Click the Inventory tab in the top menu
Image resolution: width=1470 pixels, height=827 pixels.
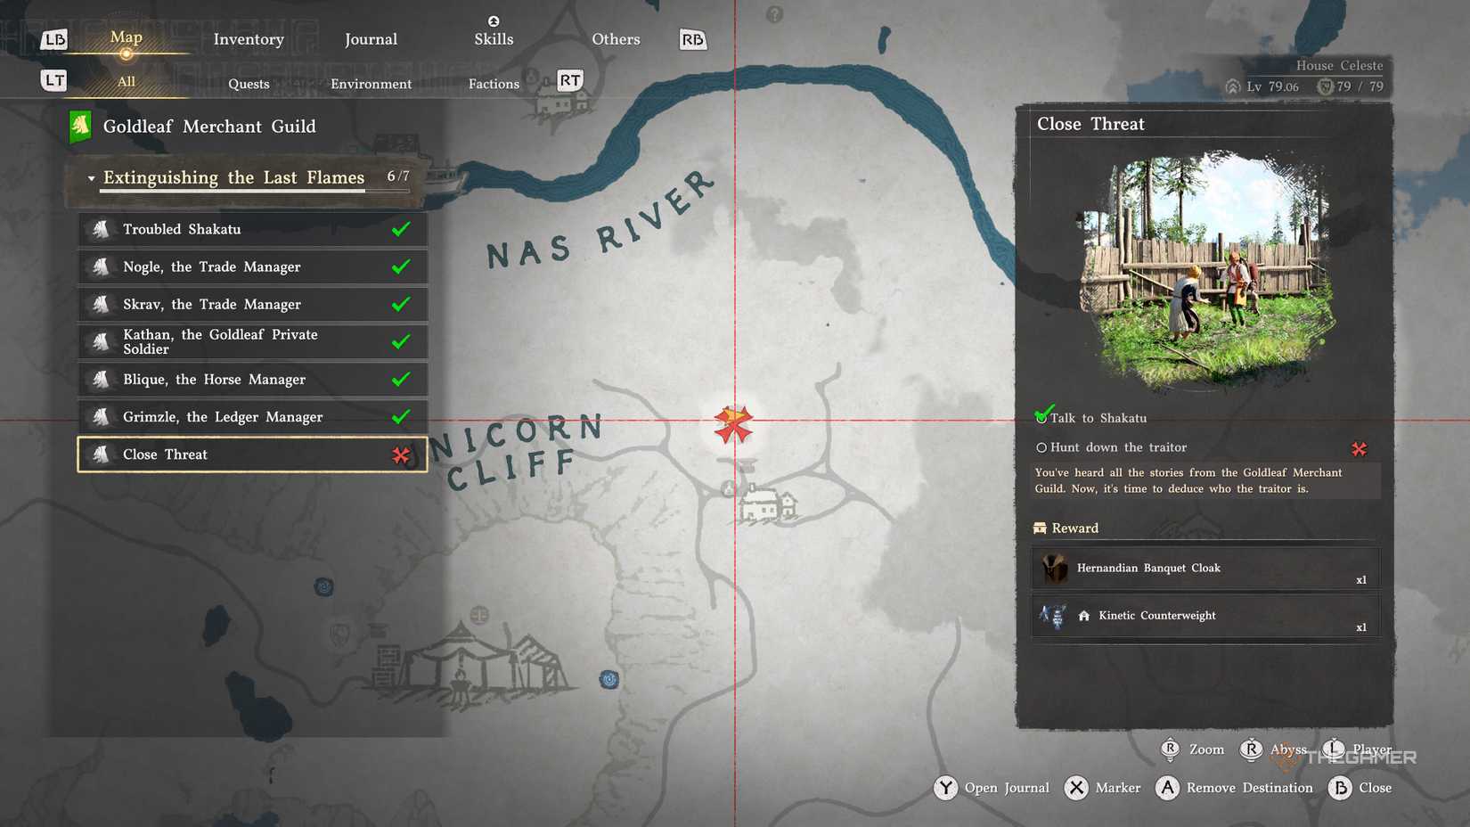click(x=249, y=39)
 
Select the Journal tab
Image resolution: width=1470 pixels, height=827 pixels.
click(x=371, y=39)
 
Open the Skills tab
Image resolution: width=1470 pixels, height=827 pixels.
click(x=494, y=38)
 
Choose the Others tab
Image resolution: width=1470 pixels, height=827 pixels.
click(x=616, y=39)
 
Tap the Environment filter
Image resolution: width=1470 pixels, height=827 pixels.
click(x=371, y=84)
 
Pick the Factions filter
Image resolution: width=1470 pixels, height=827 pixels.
click(x=494, y=84)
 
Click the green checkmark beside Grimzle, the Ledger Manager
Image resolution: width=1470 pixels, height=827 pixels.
click(x=401, y=416)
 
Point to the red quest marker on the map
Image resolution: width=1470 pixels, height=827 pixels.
click(x=733, y=424)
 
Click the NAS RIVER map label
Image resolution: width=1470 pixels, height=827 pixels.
click(x=600, y=223)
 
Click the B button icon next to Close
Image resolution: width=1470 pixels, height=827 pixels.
click(x=1340, y=788)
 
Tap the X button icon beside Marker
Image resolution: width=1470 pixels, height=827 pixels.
click(x=1076, y=788)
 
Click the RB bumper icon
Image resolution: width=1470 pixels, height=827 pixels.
click(x=692, y=40)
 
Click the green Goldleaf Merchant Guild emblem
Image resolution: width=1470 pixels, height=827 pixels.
click(x=80, y=127)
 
